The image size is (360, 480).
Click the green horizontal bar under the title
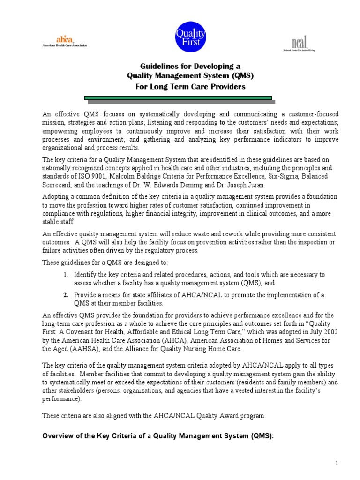coord(179,98)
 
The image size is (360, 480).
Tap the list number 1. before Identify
coord(66,274)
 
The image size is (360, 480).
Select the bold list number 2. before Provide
coord(66,294)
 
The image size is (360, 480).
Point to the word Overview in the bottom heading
coord(58,435)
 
